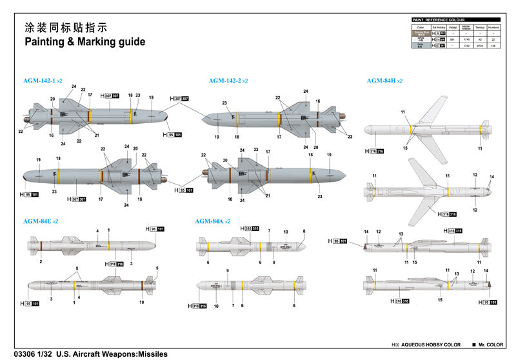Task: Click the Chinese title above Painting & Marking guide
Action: point(65,28)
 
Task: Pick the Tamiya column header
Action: point(480,27)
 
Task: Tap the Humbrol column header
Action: point(495,27)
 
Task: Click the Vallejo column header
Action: point(453,27)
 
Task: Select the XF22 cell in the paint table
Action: point(480,46)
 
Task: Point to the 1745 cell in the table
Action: point(466,39)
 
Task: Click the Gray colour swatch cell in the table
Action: point(421,46)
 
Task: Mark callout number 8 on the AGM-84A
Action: point(304,231)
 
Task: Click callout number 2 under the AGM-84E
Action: point(40,262)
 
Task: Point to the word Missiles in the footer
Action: point(151,354)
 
